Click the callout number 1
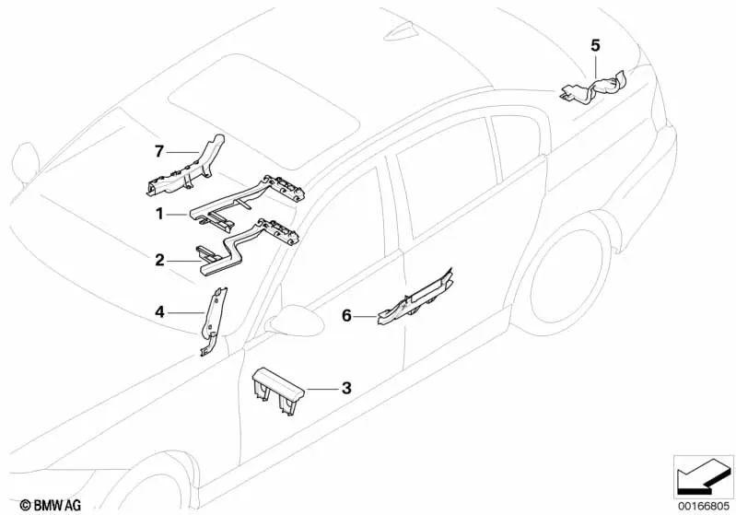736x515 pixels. (159, 214)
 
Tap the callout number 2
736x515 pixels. (159, 261)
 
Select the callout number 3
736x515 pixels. (345, 389)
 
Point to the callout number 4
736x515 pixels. (159, 312)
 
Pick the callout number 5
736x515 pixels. (594, 44)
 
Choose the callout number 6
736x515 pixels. (346, 315)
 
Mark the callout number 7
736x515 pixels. (159, 149)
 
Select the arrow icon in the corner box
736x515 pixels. (704, 475)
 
